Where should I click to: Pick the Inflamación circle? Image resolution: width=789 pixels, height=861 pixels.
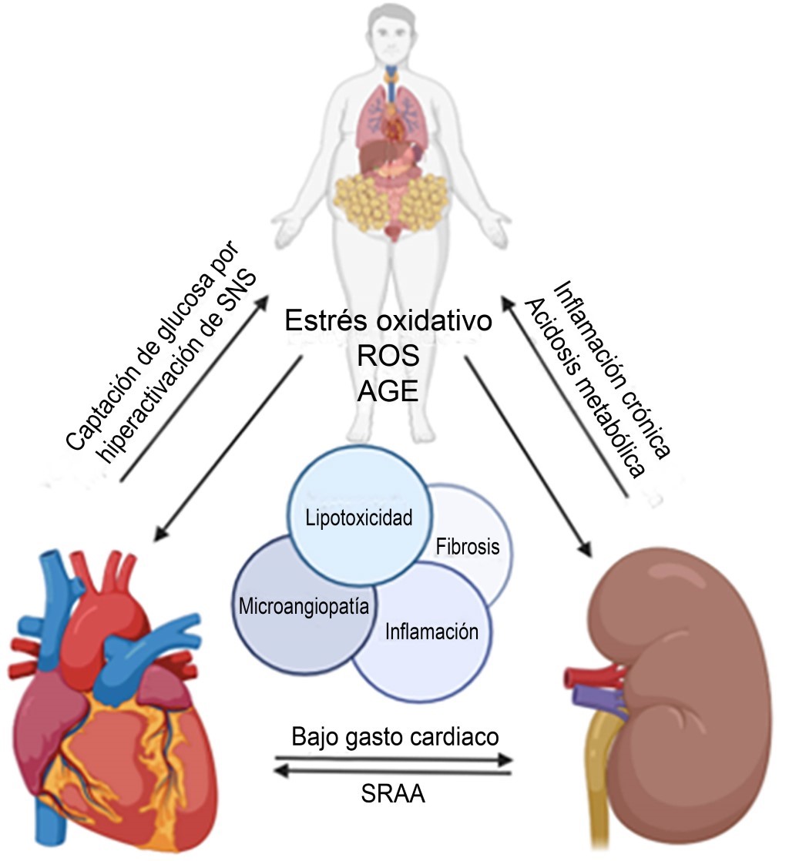pos(431,633)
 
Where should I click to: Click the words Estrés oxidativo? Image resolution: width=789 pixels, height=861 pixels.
pos(388,321)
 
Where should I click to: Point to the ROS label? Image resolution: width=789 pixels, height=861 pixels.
pos(388,357)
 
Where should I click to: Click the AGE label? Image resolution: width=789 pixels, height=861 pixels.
pos(388,392)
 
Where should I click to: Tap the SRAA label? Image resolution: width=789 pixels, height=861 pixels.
pos(394,793)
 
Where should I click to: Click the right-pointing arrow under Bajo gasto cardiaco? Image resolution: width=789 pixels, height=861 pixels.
pos(394,759)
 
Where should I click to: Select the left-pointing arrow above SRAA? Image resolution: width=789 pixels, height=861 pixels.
pos(394,772)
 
